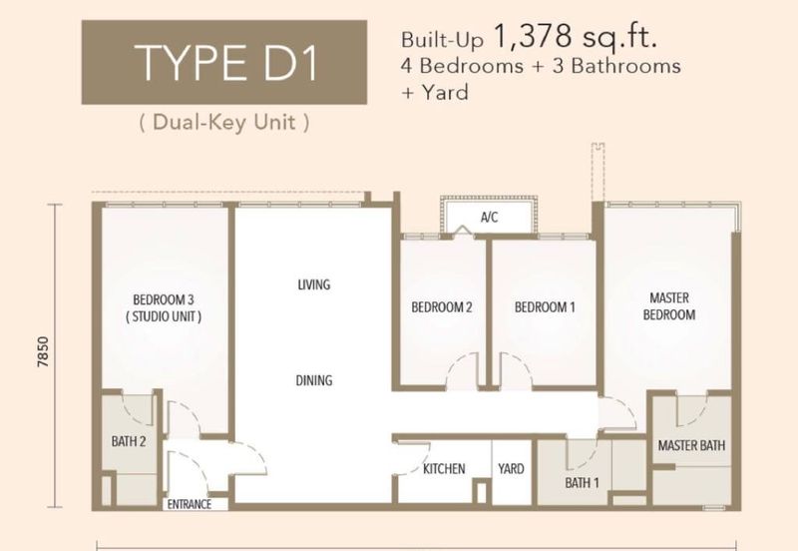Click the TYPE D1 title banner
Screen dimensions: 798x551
tap(223, 62)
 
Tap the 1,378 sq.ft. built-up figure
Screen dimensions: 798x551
tap(576, 37)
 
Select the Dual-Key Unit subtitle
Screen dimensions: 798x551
tap(223, 122)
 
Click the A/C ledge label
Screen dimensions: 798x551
tap(489, 218)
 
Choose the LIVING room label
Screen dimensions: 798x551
tap(314, 284)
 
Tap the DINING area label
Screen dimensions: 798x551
tap(314, 380)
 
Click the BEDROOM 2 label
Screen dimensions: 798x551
tap(442, 307)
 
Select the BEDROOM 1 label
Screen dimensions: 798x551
tap(545, 307)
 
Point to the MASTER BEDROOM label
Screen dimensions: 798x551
tap(669, 306)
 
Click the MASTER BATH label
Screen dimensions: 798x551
tap(691, 445)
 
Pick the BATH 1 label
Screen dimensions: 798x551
tap(582, 482)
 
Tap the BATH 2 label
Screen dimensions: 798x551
tap(129, 441)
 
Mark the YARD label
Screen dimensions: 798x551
tap(511, 468)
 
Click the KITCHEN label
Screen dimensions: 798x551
tap(444, 468)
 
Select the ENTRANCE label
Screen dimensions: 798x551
tap(190, 504)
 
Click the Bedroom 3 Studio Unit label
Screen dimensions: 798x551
tap(164, 308)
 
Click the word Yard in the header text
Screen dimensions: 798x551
tap(444, 93)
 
